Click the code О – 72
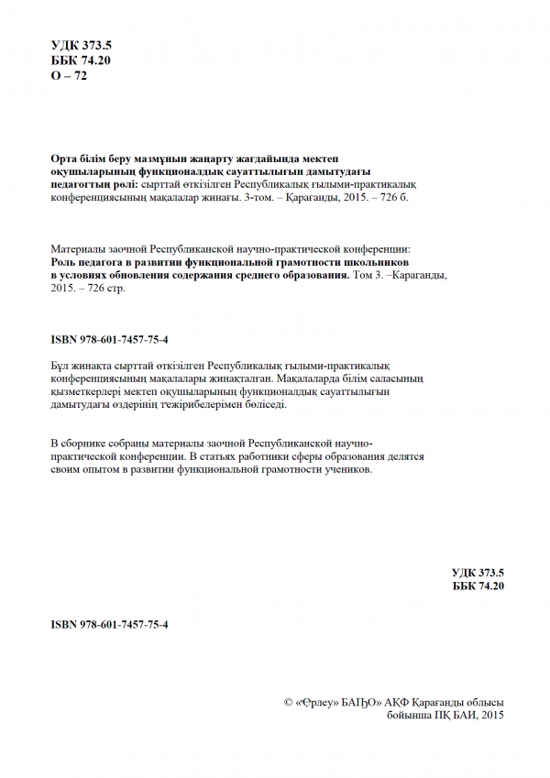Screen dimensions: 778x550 (68, 75)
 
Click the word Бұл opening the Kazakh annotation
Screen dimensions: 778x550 (60, 365)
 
